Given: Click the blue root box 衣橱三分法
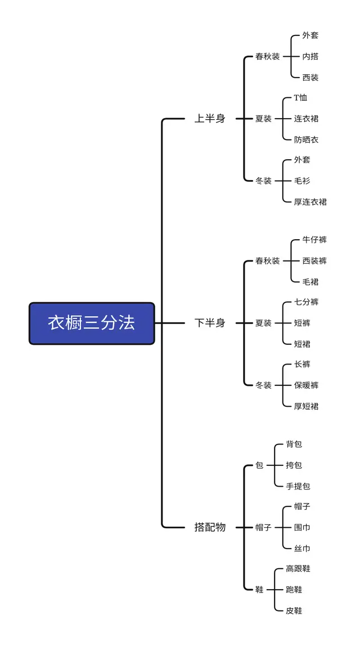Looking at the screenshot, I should (92, 323).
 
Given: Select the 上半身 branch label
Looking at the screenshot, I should (210, 119).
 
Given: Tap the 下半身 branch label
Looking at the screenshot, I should (210, 323).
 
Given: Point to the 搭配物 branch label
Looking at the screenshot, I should (210, 527).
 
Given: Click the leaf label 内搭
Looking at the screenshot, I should (310, 56).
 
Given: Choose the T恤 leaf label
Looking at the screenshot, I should (300, 98).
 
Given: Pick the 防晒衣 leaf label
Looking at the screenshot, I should (306, 140).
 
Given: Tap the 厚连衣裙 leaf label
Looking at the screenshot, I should (310, 201).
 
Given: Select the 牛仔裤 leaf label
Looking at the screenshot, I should (314, 240).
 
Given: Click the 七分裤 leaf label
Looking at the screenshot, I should (306, 302).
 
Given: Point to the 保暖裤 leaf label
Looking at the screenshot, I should (306, 385).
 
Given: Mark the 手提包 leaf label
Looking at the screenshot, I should (298, 486).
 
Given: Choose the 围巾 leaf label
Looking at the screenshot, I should (302, 528).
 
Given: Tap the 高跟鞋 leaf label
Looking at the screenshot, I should (298, 569).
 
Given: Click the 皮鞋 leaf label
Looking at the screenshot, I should (294, 610).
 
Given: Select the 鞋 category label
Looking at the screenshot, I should (259, 590).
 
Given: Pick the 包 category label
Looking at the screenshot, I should (259, 465).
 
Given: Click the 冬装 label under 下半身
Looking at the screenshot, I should (263, 385).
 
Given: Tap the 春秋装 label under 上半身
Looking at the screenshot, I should (267, 56).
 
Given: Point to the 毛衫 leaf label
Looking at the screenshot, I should (302, 181).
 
